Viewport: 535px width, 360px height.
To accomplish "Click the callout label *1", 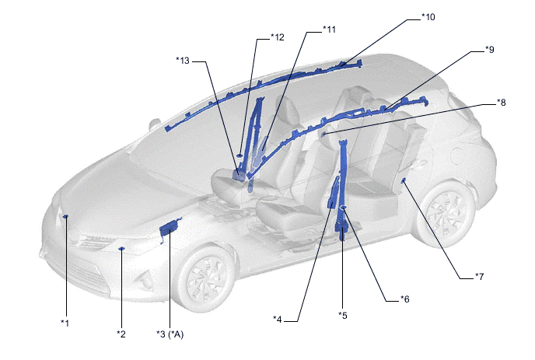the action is coord(65,323).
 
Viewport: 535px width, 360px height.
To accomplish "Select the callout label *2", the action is coord(121,334).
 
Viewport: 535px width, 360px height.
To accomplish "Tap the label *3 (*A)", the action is coord(170,334).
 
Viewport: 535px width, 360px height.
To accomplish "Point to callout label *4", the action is coord(278,320).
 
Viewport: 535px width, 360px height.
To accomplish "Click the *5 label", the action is coord(343,316).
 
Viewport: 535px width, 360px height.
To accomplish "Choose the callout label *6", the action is coord(404,299).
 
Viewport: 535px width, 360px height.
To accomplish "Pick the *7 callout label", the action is coord(479,276).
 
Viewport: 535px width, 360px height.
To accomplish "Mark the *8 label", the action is coord(502,102).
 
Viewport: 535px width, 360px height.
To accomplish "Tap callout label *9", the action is coord(490,50).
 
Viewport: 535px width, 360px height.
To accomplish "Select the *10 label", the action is coord(428,17).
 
